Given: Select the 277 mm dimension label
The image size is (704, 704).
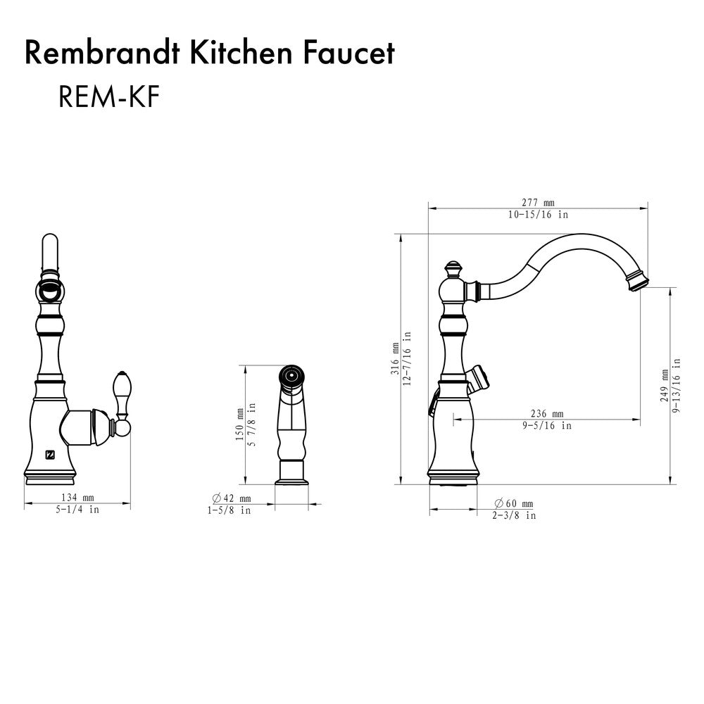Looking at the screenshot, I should [x=539, y=203].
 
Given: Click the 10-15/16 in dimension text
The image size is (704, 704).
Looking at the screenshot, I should [x=539, y=215].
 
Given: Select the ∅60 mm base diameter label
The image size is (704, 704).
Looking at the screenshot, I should [x=513, y=503].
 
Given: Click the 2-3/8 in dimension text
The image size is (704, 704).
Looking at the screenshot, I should [x=513, y=515].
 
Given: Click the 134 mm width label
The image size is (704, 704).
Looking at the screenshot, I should [x=78, y=498].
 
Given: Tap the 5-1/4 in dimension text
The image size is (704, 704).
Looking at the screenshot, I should [x=78, y=510].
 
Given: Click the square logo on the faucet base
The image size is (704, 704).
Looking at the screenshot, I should [x=49, y=453].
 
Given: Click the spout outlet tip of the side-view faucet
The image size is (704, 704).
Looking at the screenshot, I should [x=637, y=281].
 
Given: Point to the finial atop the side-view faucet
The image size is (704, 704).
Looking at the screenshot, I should [x=453, y=268].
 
